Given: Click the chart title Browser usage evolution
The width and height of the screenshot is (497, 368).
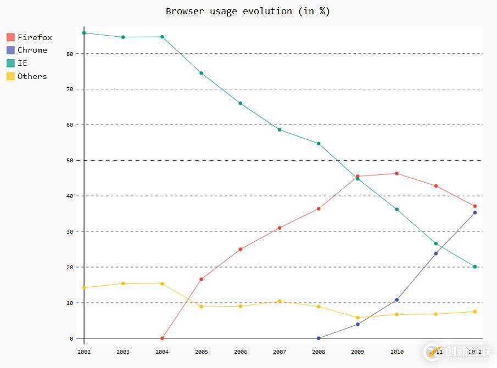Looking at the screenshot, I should pos(248,11).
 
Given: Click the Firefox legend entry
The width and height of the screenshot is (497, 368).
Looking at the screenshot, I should pos(35,37).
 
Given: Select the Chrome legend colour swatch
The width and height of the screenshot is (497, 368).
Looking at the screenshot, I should pos(10,50).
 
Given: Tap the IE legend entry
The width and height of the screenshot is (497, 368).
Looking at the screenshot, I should pos(22,63).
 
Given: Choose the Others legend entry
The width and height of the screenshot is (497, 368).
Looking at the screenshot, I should pos(32,76).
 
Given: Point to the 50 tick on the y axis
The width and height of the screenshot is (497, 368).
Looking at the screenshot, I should pos(70,160).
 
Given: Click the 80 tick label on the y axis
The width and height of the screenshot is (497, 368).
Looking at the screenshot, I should pos(70,54).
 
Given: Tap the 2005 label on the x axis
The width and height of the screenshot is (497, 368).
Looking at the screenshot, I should pos(201,352).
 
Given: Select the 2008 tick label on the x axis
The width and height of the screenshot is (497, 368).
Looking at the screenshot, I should pos(319,352).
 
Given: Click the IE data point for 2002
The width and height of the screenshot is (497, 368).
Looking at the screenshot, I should pos(84,33).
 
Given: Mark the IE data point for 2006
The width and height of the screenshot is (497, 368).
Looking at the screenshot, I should pos(241,103).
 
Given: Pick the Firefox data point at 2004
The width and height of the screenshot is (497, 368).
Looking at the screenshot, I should pos(162,338).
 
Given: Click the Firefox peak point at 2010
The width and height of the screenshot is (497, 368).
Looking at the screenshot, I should pos(397,173).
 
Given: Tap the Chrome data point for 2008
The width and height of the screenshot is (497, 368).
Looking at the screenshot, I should pos(319,338).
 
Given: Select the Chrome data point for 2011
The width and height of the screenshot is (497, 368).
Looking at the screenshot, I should pos(436,253).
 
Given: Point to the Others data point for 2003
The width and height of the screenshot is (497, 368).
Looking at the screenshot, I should pos(123,284).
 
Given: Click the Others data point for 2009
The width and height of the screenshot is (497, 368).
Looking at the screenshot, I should pos(358,318).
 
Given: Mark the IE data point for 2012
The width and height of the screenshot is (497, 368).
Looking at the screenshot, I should pos(475,267).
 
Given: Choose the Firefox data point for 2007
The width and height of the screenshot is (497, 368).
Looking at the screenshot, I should pos(280,228).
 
